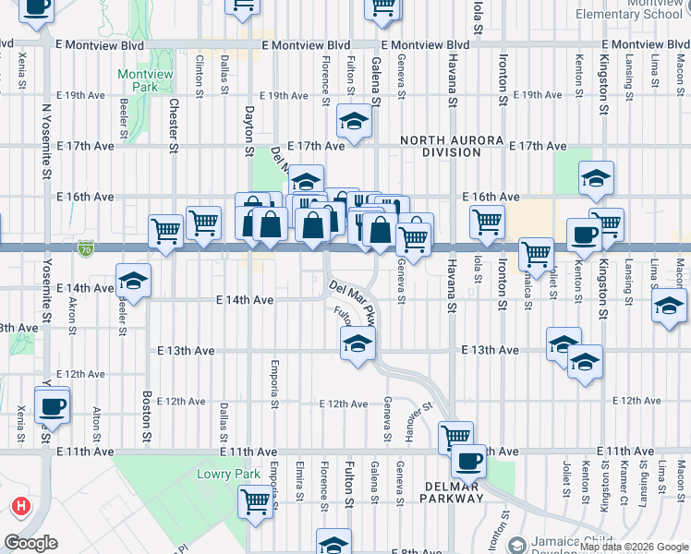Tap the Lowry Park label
228,475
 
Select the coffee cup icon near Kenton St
584,235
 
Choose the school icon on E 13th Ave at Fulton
356,344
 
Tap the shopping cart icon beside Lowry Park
255,502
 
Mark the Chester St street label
173,126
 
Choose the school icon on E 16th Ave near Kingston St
596,177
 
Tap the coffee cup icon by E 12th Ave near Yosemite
52,404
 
